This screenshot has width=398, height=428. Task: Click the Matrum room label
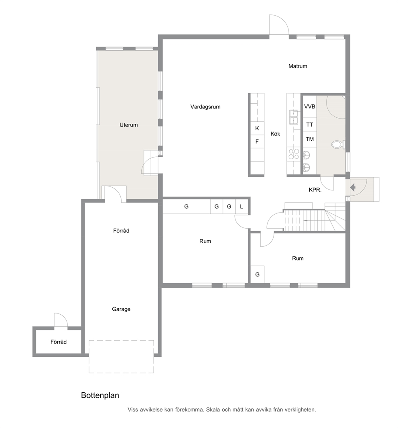[x=298, y=66]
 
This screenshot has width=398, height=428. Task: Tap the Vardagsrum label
[x=205, y=107]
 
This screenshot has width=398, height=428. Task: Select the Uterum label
[x=128, y=125]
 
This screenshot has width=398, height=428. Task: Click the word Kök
[x=275, y=134]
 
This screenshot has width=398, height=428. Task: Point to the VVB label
[x=310, y=106]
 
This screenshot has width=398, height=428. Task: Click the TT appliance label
[x=309, y=125]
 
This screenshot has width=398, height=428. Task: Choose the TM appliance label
[x=310, y=139]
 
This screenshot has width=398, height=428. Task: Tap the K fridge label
[x=257, y=128]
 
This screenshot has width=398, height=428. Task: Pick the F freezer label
[x=257, y=142]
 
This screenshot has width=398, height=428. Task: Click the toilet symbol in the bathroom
[x=338, y=145]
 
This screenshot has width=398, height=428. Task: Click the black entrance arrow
[x=353, y=188]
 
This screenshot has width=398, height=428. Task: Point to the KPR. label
[x=315, y=190]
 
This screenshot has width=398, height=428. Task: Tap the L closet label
[x=242, y=207]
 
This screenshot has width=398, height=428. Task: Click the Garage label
[x=121, y=309]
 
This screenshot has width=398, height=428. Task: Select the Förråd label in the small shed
[x=59, y=342]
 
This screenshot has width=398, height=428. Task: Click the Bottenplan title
[x=100, y=395]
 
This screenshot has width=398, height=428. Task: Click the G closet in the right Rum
[x=258, y=274]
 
